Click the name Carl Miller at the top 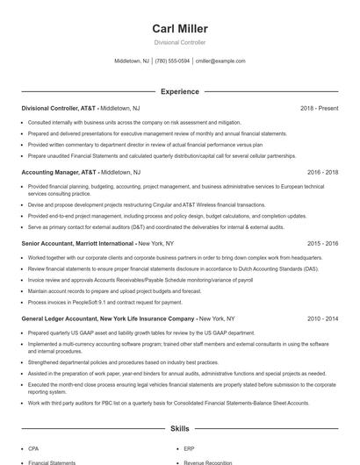tap(179, 28)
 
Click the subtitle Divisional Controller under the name tap(179, 42)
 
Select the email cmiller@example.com tap(220, 61)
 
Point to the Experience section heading tap(179, 91)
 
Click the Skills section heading tap(179, 429)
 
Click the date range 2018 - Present tap(319, 108)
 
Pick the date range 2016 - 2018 tap(319, 173)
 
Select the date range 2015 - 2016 tap(319, 242)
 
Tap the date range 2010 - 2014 tap(319, 318)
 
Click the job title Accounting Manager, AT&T tap(59, 173)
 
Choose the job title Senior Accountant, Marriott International tap(78, 242)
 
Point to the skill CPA tap(33, 447)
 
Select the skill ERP tap(189, 447)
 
